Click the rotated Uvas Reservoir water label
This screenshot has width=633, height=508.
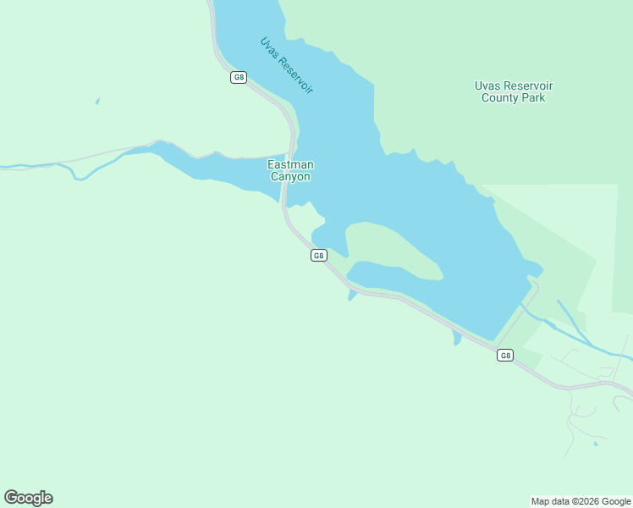(287, 64)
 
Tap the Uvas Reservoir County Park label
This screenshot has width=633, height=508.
(513, 91)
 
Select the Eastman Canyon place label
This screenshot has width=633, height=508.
(290, 170)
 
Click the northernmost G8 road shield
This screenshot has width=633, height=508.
(239, 78)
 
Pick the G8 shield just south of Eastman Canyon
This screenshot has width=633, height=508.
(318, 256)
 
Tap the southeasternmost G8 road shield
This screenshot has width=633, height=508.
(505, 356)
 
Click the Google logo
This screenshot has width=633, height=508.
(28, 498)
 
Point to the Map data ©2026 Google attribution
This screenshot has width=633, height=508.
(581, 501)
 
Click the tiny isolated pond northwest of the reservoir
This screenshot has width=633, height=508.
(97, 102)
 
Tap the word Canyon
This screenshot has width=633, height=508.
(290, 177)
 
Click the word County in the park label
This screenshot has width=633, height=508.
(502, 97)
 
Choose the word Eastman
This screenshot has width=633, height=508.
(290, 164)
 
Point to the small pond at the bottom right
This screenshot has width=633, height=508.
(596, 443)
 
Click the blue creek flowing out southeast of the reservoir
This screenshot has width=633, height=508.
(584, 334)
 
